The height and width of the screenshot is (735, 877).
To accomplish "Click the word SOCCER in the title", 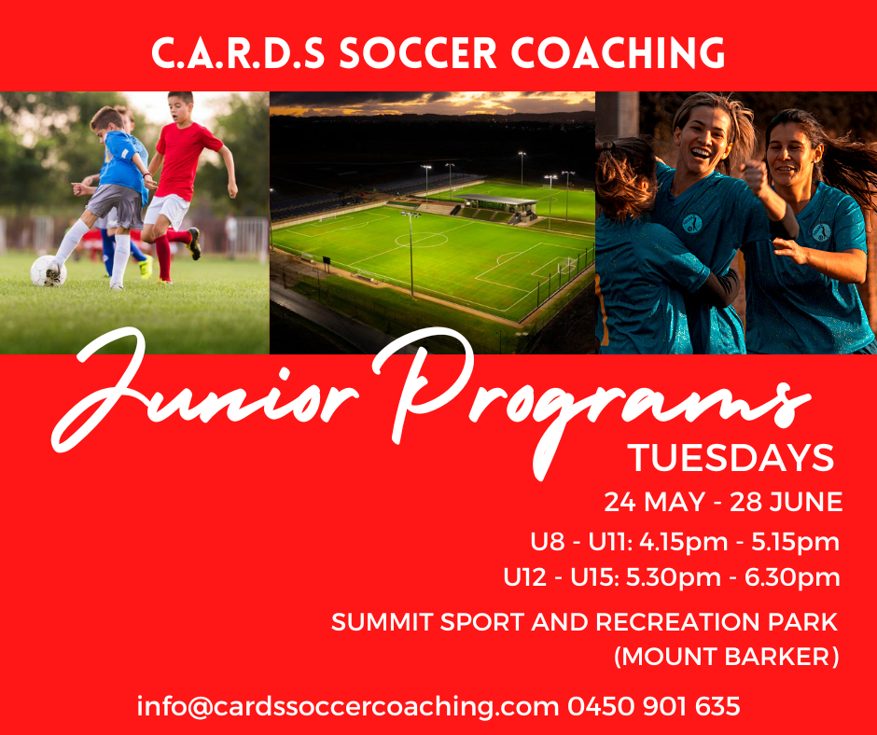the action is coord(418,53).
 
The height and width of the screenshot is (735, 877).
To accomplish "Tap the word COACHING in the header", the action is coord(618,53).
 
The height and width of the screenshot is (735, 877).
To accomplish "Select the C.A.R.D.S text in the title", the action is coord(238,53).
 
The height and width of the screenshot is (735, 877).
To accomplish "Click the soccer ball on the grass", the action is coord(49,270).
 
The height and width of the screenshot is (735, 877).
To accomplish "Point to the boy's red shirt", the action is coord(182,160).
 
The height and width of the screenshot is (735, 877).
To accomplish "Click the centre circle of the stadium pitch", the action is coord(421,240).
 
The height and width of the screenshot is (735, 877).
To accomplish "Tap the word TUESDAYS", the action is coord(731,459).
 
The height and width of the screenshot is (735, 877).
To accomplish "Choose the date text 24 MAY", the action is coord(654,502).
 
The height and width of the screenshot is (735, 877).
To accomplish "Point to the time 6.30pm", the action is coord(792,577).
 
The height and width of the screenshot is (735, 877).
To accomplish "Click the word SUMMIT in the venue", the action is coord(382,622).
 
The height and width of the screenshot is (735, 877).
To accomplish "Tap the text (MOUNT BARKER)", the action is coord(727,657).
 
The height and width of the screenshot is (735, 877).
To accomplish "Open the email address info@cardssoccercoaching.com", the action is coord(348,707).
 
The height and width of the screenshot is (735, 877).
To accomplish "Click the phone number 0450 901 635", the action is coord(654,706).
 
